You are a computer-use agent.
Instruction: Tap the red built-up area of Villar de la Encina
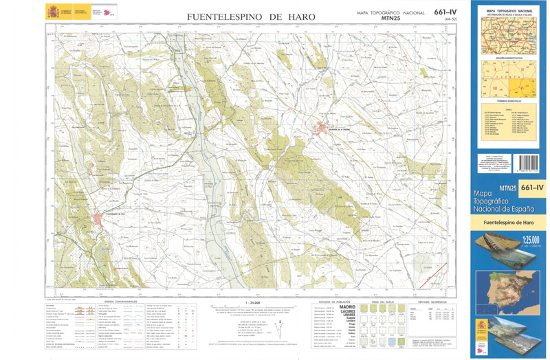(323, 128)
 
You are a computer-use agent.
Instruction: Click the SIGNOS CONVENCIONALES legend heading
(120, 301)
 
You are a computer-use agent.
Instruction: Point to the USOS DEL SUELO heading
(382, 301)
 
